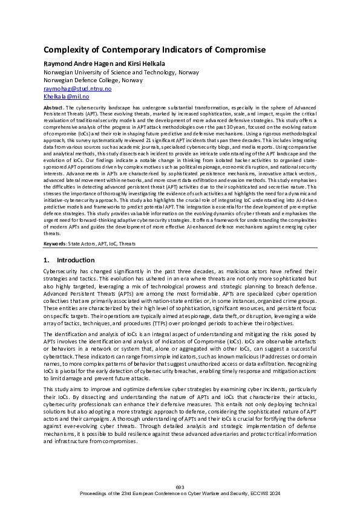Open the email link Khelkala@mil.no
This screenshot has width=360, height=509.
point(67,96)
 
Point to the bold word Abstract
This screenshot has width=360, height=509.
point(54,106)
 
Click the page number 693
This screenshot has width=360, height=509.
point(180,487)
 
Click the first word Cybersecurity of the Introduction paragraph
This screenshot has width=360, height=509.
point(61,272)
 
